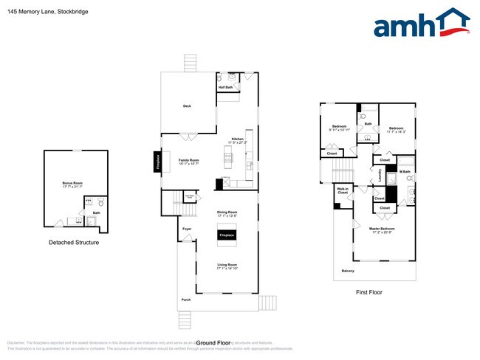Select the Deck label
(x=188, y=106)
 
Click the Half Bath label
(x=225, y=87)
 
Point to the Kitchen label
(x=238, y=139)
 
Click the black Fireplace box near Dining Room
(x=227, y=235)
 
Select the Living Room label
(x=227, y=266)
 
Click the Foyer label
(x=187, y=229)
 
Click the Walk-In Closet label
(x=343, y=191)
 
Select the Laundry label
(x=380, y=177)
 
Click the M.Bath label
(x=405, y=173)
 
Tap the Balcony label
(x=347, y=271)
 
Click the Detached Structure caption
(x=74, y=242)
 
